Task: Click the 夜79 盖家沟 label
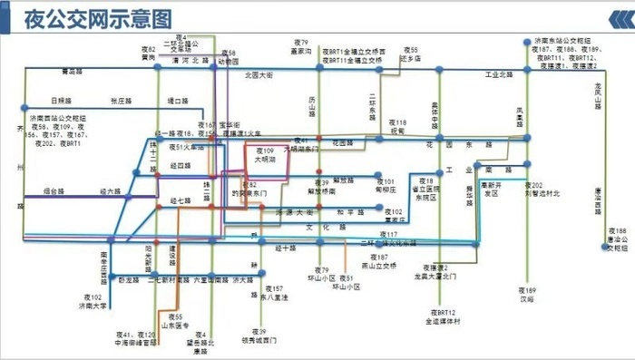301,47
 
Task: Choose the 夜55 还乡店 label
411,54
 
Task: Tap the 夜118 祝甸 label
397,126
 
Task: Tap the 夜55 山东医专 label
172,320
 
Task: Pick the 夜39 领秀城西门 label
261,336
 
